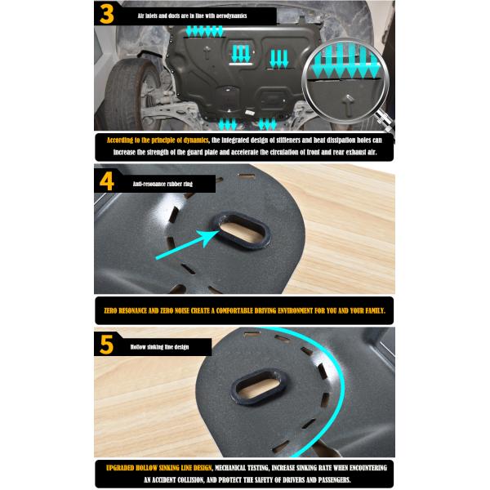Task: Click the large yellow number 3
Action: (x=106, y=14)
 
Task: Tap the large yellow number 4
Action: (x=106, y=181)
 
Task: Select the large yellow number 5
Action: (x=106, y=345)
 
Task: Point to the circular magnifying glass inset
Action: (x=345, y=81)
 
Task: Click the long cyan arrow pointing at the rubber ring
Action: (x=188, y=244)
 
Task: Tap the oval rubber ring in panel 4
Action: (x=239, y=229)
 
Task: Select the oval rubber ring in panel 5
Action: (x=258, y=387)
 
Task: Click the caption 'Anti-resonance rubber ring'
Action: (x=163, y=184)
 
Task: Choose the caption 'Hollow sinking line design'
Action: (x=159, y=347)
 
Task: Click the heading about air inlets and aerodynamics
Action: (x=192, y=16)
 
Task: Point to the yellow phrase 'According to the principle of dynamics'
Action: (x=158, y=140)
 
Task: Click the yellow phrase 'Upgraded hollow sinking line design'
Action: (x=158, y=468)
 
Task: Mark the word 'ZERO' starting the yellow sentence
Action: (x=110, y=310)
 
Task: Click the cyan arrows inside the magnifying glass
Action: (x=345, y=61)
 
